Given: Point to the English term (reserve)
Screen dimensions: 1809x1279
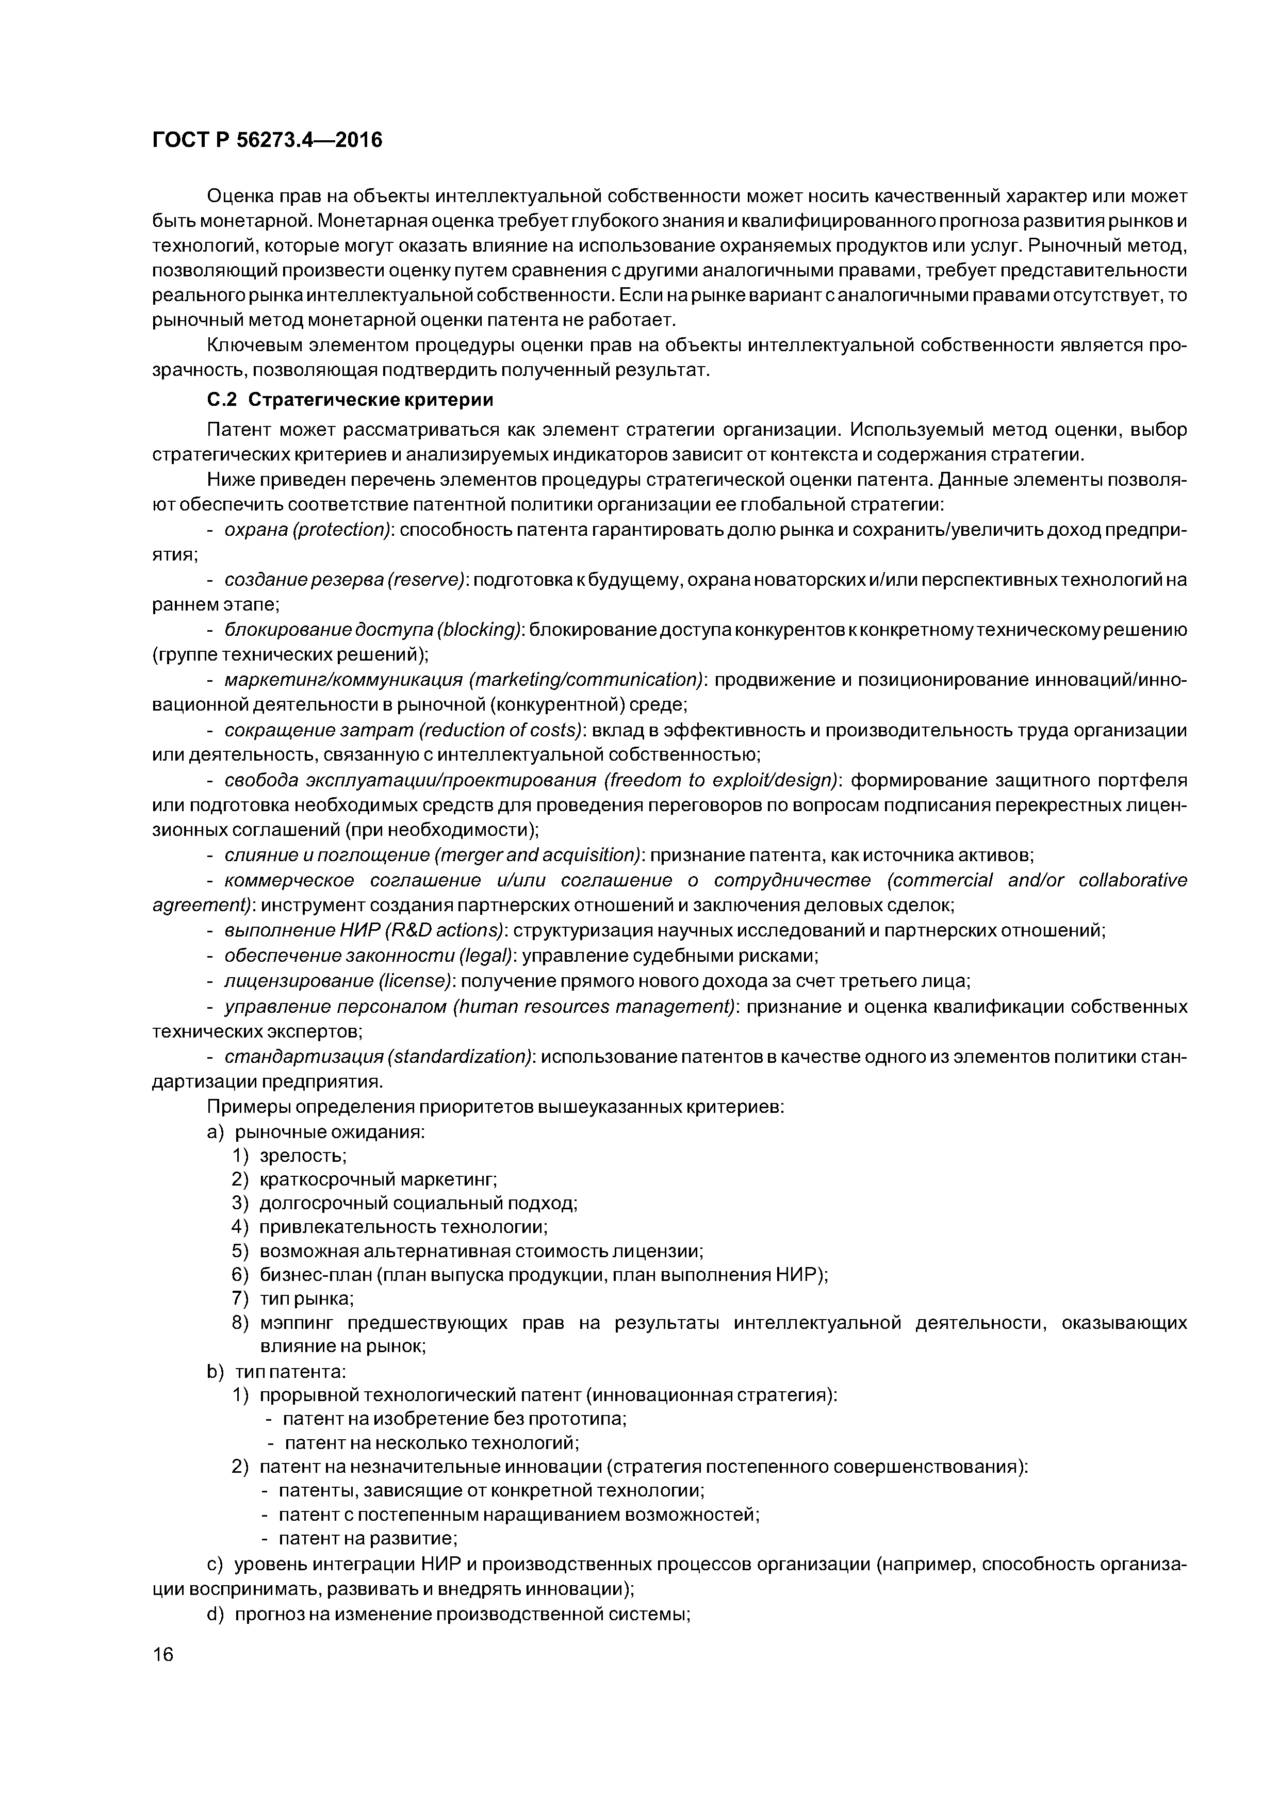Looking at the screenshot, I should point(427,581).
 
